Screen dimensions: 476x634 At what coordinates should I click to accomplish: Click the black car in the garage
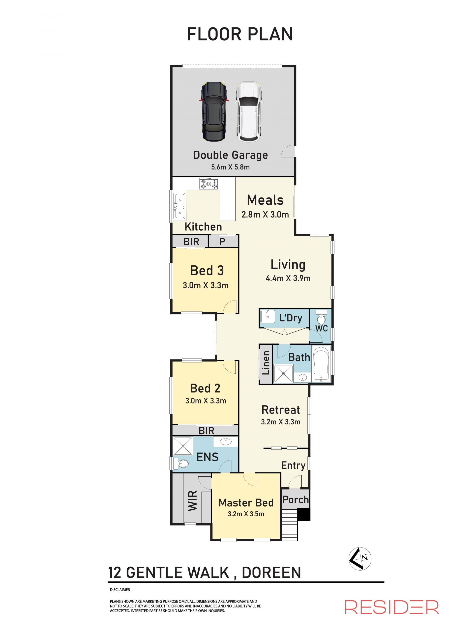(x=214, y=112)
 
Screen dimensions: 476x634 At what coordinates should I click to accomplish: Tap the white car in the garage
(x=249, y=112)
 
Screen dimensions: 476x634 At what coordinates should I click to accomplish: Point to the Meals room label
(x=265, y=200)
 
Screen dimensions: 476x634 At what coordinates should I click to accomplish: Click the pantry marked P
(x=222, y=242)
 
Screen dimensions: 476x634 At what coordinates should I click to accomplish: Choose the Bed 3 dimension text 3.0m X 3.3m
(x=206, y=285)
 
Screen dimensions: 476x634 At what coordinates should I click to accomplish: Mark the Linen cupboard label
(x=266, y=363)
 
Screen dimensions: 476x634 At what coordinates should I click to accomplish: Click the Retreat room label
(x=281, y=410)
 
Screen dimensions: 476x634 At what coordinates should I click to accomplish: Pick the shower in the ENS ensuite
(x=183, y=446)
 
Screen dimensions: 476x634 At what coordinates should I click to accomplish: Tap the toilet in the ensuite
(x=180, y=464)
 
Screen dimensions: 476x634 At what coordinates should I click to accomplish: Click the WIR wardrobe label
(x=192, y=501)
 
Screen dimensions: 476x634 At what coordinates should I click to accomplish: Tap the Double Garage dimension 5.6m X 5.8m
(x=230, y=167)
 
